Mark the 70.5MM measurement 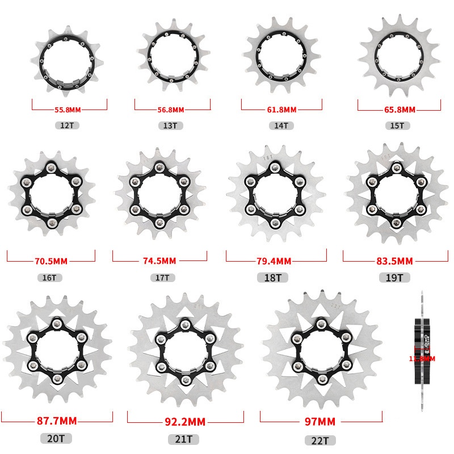(x=51, y=262)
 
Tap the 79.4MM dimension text (x=275, y=262)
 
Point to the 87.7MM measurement (x=56, y=422)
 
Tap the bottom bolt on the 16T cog (x=52, y=222)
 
